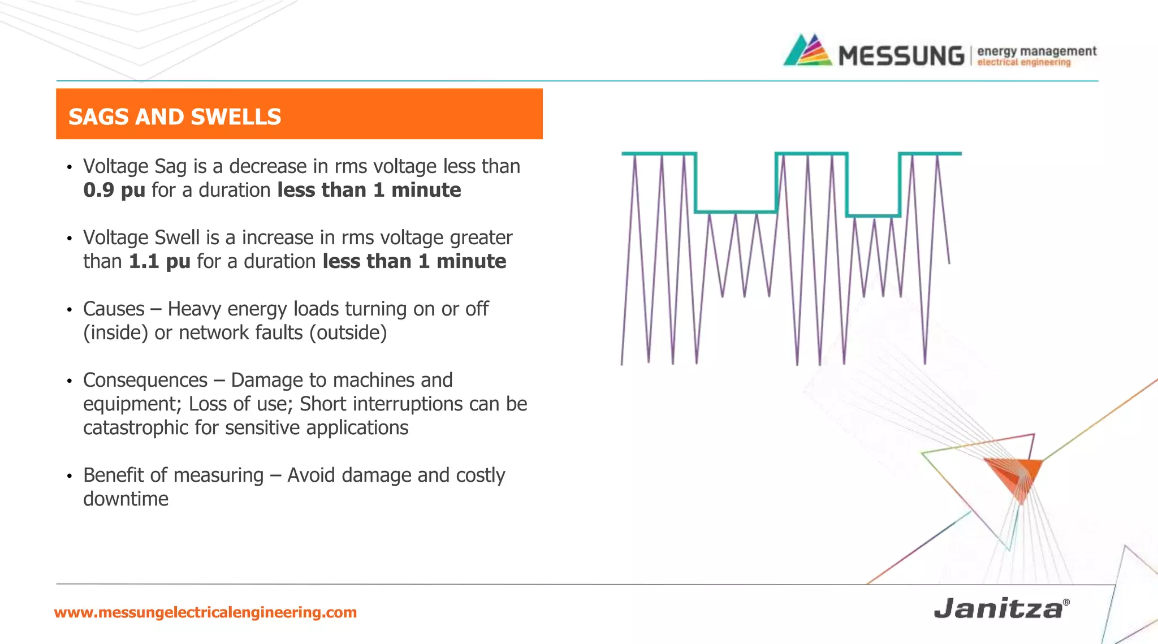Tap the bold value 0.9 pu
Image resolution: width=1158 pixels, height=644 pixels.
[x=114, y=190]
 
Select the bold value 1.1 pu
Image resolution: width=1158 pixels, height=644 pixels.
[x=159, y=261]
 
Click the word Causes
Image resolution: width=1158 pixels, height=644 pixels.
[x=114, y=309]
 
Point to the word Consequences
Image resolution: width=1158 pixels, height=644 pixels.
[x=145, y=381]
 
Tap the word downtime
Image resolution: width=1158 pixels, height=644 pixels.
[x=126, y=499]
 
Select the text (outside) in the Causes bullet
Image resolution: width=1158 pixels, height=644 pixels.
[x=348, y=333]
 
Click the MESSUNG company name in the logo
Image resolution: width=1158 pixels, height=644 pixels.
[x=901, y=55]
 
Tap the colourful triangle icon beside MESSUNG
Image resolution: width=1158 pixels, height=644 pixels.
[x=807, y=51]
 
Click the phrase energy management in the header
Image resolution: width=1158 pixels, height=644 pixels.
[x=1036, y=51]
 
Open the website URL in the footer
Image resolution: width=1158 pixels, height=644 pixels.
[x=205, y=612]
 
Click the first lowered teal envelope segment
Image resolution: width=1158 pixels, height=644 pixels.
[x=735, y=212]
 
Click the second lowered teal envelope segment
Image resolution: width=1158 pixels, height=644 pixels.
[x=874, y=215]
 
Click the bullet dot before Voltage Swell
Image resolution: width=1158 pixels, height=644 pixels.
[x=69, y=239]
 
